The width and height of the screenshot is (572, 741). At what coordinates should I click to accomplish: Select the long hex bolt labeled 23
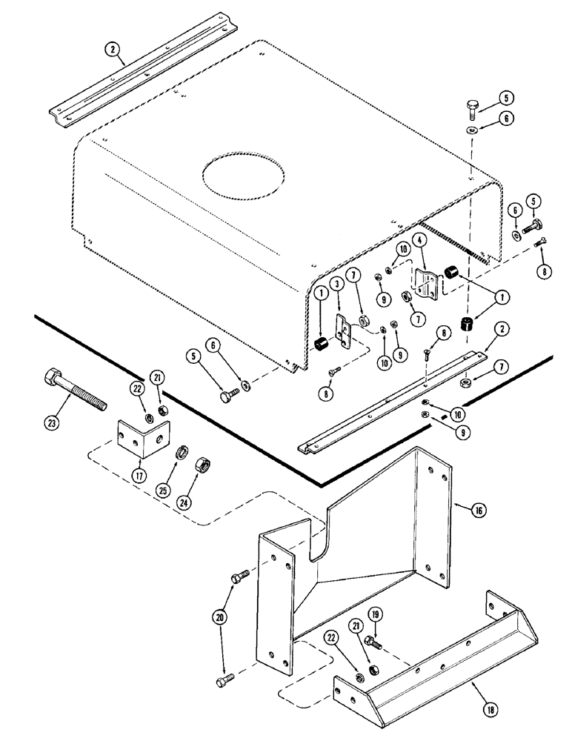pos(75,387)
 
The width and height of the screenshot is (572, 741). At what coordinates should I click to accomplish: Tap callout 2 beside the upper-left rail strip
pos(111,50)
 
